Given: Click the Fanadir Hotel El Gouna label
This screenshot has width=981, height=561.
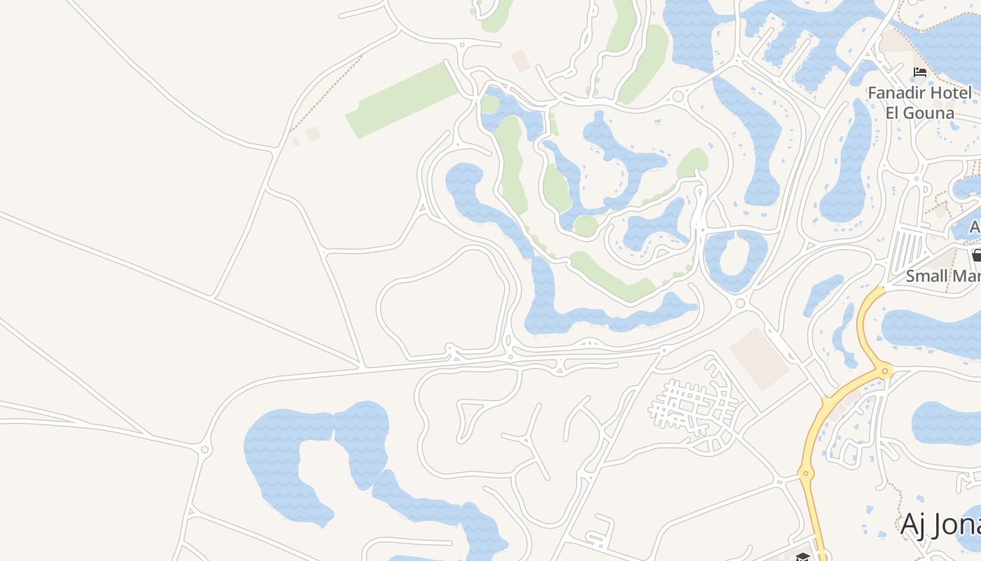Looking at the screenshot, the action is click(x=919, y=102).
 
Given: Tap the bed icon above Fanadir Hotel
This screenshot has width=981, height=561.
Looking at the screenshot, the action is click(x=920, y=72).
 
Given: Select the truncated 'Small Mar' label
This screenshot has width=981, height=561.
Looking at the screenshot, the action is click(x=942, y=276).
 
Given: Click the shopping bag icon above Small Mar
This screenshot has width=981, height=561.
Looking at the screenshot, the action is click(x=977, y=255).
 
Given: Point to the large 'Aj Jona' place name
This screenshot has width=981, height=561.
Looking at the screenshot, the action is click(x=940, y=524).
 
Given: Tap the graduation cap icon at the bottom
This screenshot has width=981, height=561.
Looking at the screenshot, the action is click(x=802, y=557).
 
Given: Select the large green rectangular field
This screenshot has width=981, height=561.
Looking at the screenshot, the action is click(x=403, y=99).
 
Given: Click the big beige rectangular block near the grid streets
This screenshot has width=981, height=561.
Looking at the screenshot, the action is click(x=759, y=358).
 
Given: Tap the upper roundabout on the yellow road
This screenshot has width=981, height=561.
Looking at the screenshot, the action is click(x=886, y=371).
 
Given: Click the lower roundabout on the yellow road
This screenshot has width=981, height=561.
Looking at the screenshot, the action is click(x=806, y=473).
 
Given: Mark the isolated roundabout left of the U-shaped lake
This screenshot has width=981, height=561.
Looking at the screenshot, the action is click(x=205, y=449).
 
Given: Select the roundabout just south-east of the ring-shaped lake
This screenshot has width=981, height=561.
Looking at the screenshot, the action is click(x=741, y=303).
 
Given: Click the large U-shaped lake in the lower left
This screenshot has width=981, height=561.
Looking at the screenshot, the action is click(x=294, y=456).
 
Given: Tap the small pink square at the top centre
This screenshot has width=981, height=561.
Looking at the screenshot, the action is click(x=521, y=60).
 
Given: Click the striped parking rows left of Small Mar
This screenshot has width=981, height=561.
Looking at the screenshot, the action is click(x=907, y=253).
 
